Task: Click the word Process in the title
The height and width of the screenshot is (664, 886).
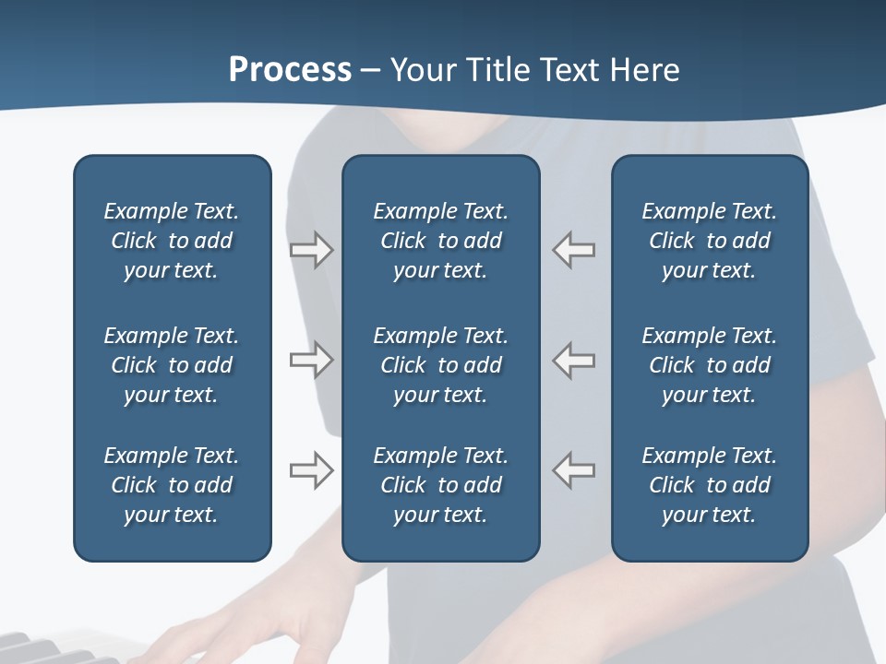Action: pos(290,70)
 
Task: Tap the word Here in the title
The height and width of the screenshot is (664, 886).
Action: pos(644,70)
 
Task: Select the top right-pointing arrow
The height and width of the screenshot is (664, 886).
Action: pos(311,250)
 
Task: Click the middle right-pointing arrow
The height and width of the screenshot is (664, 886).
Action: pos(311,360)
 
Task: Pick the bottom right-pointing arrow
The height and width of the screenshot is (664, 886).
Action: pos(311,470)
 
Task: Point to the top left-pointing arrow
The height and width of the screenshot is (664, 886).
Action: pos(574,250)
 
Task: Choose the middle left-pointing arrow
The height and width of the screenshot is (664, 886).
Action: pos(574,360)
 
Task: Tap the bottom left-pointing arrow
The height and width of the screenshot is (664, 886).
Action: pos(574,470)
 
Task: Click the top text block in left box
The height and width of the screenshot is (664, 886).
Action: pos(172,241)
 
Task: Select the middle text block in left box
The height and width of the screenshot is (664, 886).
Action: pos(172,365)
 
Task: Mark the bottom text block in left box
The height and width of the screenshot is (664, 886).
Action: pos(172,485)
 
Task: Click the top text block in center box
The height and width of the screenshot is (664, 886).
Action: pos(441,241)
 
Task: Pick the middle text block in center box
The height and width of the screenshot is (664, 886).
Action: pos(441,365)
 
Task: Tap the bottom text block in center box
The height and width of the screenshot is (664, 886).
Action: pos(441,485)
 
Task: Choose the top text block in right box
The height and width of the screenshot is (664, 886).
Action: pos(710,241)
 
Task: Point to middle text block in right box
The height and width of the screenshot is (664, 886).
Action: pos(710,365)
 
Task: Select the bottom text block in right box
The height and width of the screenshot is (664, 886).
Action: pos(710,485)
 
